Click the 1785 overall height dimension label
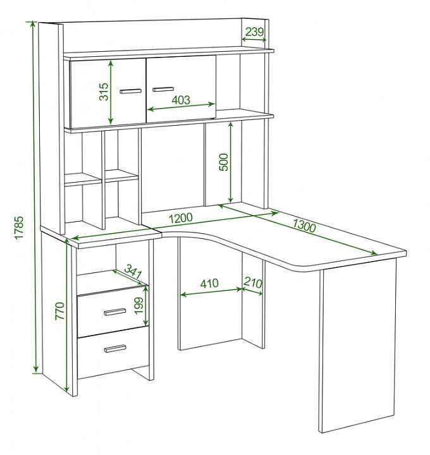[19, 227]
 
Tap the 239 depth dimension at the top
[254, 32]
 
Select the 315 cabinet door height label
[104, 92]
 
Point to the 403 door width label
[181, 100]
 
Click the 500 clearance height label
[224, 162]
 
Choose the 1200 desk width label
[180, 218]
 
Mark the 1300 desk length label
[304, 226]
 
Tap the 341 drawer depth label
[133, 272]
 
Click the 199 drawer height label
[139, 305]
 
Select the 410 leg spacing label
[209, 283]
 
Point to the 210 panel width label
[252, 282]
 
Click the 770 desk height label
[60, 311]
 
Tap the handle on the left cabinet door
[131, 91]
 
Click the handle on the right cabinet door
[163, 89]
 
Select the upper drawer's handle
[115, 312]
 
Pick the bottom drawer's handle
[115, 348]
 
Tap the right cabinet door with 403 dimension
[181, 89]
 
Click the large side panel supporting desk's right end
[358, 345]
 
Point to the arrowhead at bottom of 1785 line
[35, 369]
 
